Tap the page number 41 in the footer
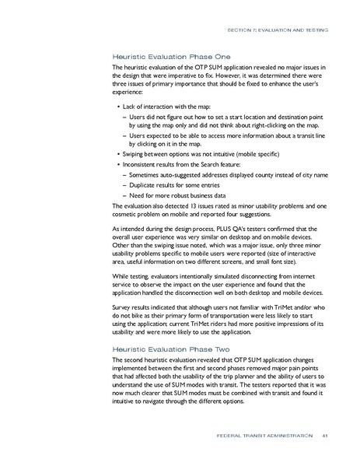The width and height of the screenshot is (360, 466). click(x=325, y=446)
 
